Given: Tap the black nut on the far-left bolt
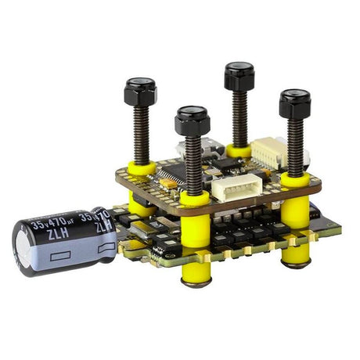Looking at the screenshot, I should pyautogui.click(x=140, y=92).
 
